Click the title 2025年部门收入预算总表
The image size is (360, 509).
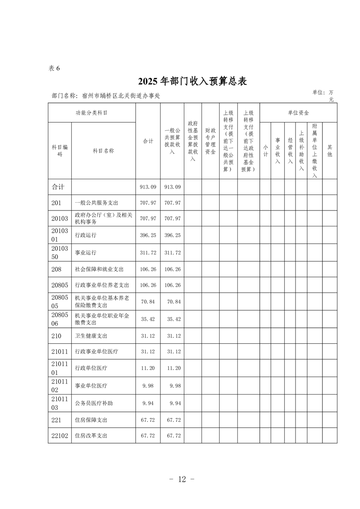(x=192, y=81)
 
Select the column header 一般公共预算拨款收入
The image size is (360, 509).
(x=172, y=141)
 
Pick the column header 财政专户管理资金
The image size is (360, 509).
(x=210, y=141)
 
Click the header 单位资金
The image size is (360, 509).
(x=298, y=113)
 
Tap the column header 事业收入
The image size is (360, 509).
(x=278, y=151)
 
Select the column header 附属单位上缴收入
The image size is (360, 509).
(x=315, y=151)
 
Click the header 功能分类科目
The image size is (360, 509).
(x=92, y=113)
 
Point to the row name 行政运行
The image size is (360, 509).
(x=85, y=236)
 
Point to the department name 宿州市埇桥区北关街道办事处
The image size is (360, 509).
(x=121, y=96)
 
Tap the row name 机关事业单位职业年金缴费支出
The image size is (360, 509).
(x=102, y=319)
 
